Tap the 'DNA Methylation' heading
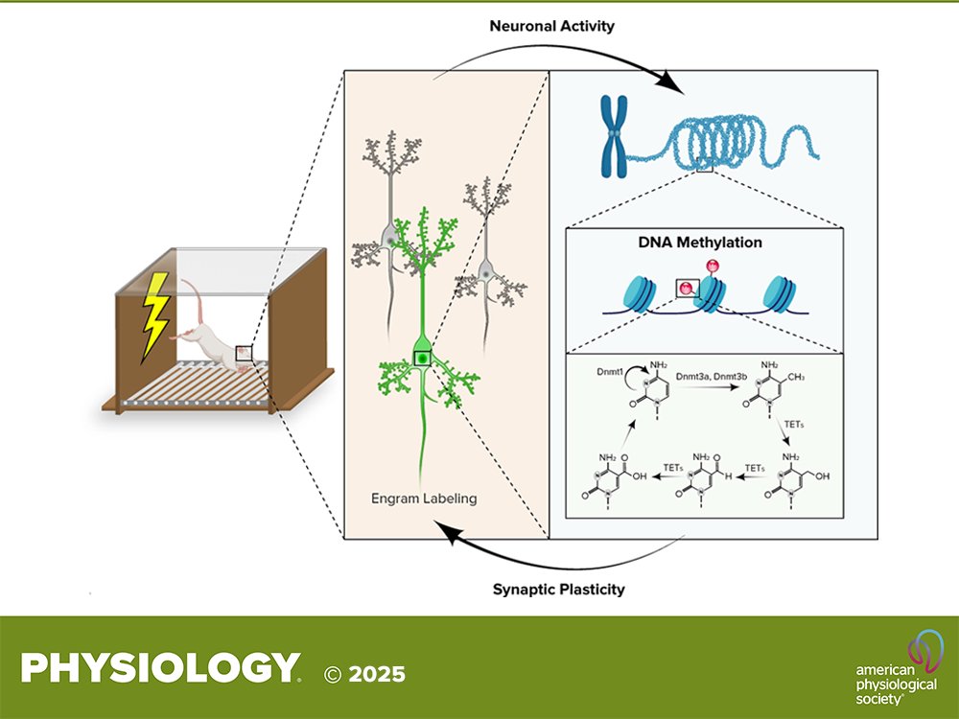click(700, 243)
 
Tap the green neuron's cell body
click(422, 358)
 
